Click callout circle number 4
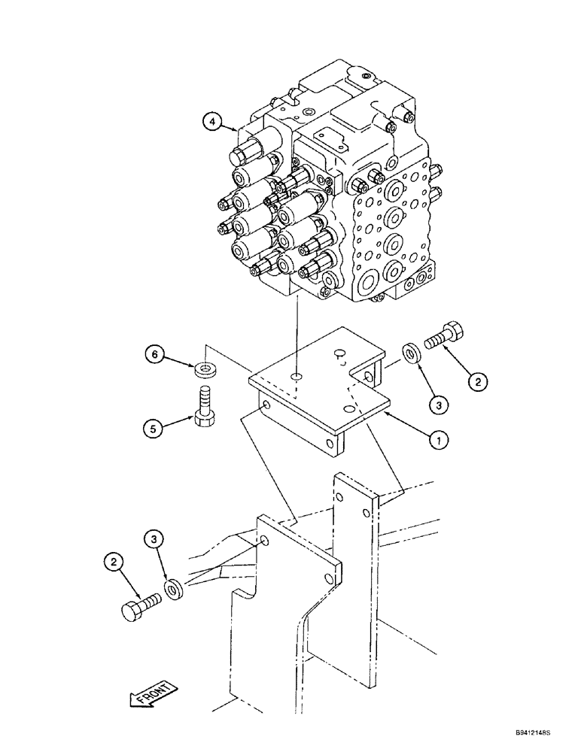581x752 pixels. click(x=213, y=122)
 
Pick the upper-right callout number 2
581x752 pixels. click(x=476, y=382)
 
